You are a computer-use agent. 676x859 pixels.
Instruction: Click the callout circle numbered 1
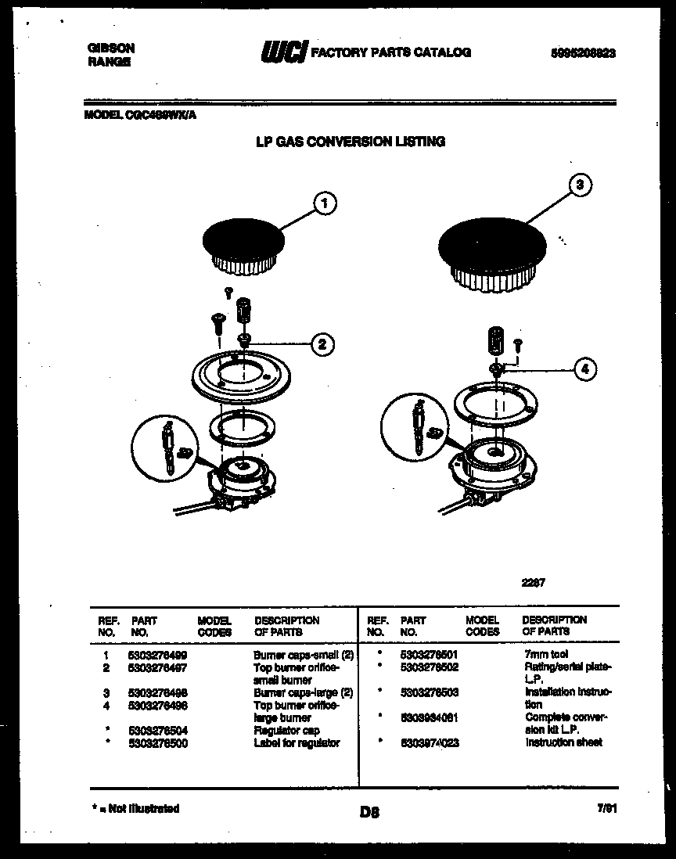pos(324,203)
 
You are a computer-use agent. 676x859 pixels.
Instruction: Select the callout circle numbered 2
pos(322,343)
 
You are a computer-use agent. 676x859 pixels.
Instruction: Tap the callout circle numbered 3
pos(578,185)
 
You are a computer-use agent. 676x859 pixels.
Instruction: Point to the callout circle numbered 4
pos(584,368)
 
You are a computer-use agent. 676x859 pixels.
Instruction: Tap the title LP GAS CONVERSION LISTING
pos(351,142)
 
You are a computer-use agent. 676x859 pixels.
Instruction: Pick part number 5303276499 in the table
pos(157,654)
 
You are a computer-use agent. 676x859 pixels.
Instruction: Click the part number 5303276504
pos(157,731)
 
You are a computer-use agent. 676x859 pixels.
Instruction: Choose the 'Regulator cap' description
pos(286,731)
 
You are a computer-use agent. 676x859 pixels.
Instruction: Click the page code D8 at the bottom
pos(369,813)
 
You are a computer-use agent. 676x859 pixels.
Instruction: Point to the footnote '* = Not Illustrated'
pos(134,808)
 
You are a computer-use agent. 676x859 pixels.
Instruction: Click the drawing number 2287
pos(534,582)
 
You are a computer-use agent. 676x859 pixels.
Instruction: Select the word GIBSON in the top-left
pos(110,48)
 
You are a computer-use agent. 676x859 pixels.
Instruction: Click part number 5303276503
pos(429,692)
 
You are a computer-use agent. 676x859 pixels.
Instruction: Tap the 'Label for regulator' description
pos(297,743)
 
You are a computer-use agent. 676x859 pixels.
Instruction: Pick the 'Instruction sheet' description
pos(563,742)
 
